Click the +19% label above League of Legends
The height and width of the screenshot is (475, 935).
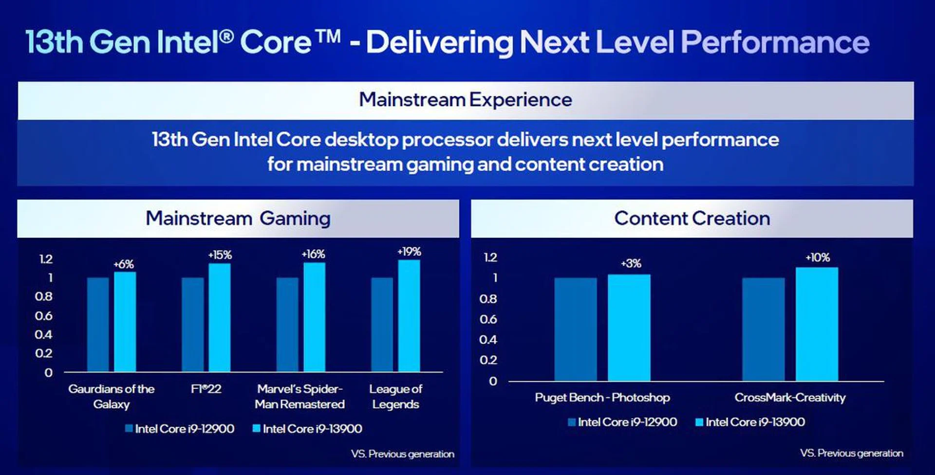coord(409,252)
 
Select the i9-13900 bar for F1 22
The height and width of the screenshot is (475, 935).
coord(220,318)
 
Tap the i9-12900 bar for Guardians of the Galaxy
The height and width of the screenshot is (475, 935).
coord(98,325)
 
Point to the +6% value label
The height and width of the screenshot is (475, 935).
coord(124,264)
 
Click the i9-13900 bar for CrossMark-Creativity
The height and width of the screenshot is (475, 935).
coord(817,324)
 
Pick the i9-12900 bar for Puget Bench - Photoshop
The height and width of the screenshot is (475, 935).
coord(575,329)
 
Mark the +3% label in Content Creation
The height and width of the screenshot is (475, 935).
coord(631,264)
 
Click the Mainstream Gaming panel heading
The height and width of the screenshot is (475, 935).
coord(238,219)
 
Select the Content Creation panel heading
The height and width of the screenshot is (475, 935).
coord(692,219)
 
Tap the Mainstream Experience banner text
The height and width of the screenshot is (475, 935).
coord(466,100)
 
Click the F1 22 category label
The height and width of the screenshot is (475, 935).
coord(206,389)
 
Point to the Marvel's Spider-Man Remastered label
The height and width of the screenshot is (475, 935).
coord(299,396)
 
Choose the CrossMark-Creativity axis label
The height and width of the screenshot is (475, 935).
coord(790,398)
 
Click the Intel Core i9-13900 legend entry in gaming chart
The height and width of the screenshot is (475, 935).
coord(307,429)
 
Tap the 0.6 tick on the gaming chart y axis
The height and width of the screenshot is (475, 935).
coord(44,316)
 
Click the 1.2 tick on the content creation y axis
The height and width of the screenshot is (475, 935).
coord(490,257)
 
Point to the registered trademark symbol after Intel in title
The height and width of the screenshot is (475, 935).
coord(227,35)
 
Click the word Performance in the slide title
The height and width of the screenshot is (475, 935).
coord(775,42)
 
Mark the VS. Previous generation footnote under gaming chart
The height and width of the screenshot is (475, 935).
coord(402,454)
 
